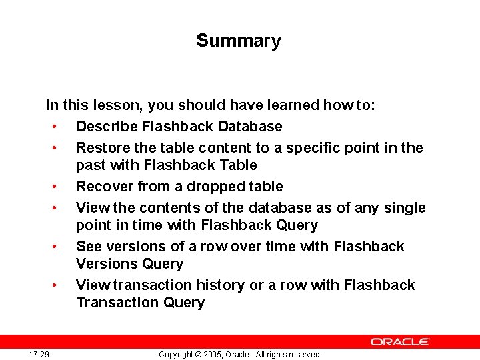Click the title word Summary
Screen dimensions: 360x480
tap(239, 41)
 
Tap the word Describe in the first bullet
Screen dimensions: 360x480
tap(104, 127)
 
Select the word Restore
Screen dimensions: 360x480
tap(100, 148)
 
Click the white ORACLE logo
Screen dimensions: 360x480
tap(400, 341)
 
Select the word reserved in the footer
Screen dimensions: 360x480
tap(305, 355)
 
